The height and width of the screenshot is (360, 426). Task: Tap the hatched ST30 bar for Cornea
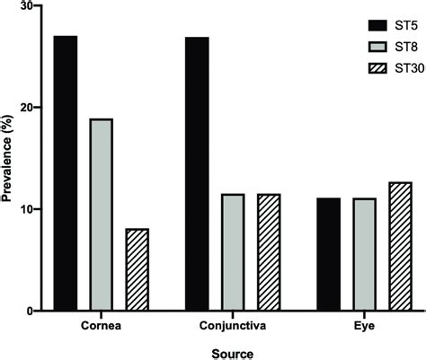tap(137, 269)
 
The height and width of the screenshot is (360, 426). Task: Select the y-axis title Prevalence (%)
tap(8, 158)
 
